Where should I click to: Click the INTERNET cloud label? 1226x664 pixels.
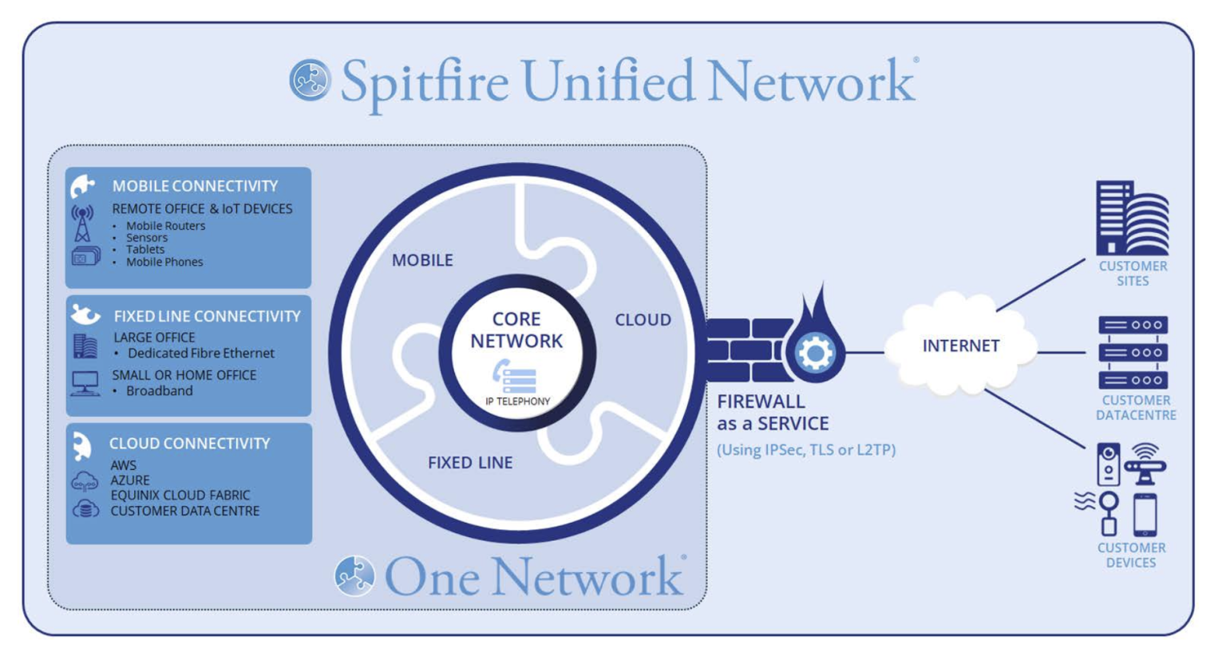click(960, 346)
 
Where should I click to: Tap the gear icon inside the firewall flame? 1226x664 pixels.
click(815, 353)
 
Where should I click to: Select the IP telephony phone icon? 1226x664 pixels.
click(515, 377)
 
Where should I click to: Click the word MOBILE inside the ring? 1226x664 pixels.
click(422, 260)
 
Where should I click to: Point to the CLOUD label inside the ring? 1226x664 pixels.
click(643, 320)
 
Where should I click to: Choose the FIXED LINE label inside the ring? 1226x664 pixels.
click(470, 463)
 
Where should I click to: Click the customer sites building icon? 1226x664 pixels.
click(1132, 218)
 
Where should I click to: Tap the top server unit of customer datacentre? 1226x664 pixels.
click(1133, 325)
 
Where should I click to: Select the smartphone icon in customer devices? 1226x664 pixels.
click(1145, 515)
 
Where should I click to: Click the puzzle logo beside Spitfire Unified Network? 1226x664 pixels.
click(310, 80)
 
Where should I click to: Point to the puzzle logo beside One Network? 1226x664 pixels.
click(354, 576)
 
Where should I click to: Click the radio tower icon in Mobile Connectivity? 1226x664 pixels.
click(82, 223)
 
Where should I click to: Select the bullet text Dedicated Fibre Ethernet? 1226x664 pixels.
click(201, 353)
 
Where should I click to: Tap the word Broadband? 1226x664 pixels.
click(160, 391)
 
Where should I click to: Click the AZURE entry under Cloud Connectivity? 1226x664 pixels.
click(130, 480)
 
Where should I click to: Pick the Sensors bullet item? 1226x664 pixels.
click(147, 238)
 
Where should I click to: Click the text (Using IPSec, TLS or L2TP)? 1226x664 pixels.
click(806, 450)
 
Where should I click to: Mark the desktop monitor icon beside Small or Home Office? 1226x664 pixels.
click(85, 383)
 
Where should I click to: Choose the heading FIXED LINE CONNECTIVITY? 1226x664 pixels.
click(207, 316)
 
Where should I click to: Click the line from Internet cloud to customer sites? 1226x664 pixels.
click(1041, 285)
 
